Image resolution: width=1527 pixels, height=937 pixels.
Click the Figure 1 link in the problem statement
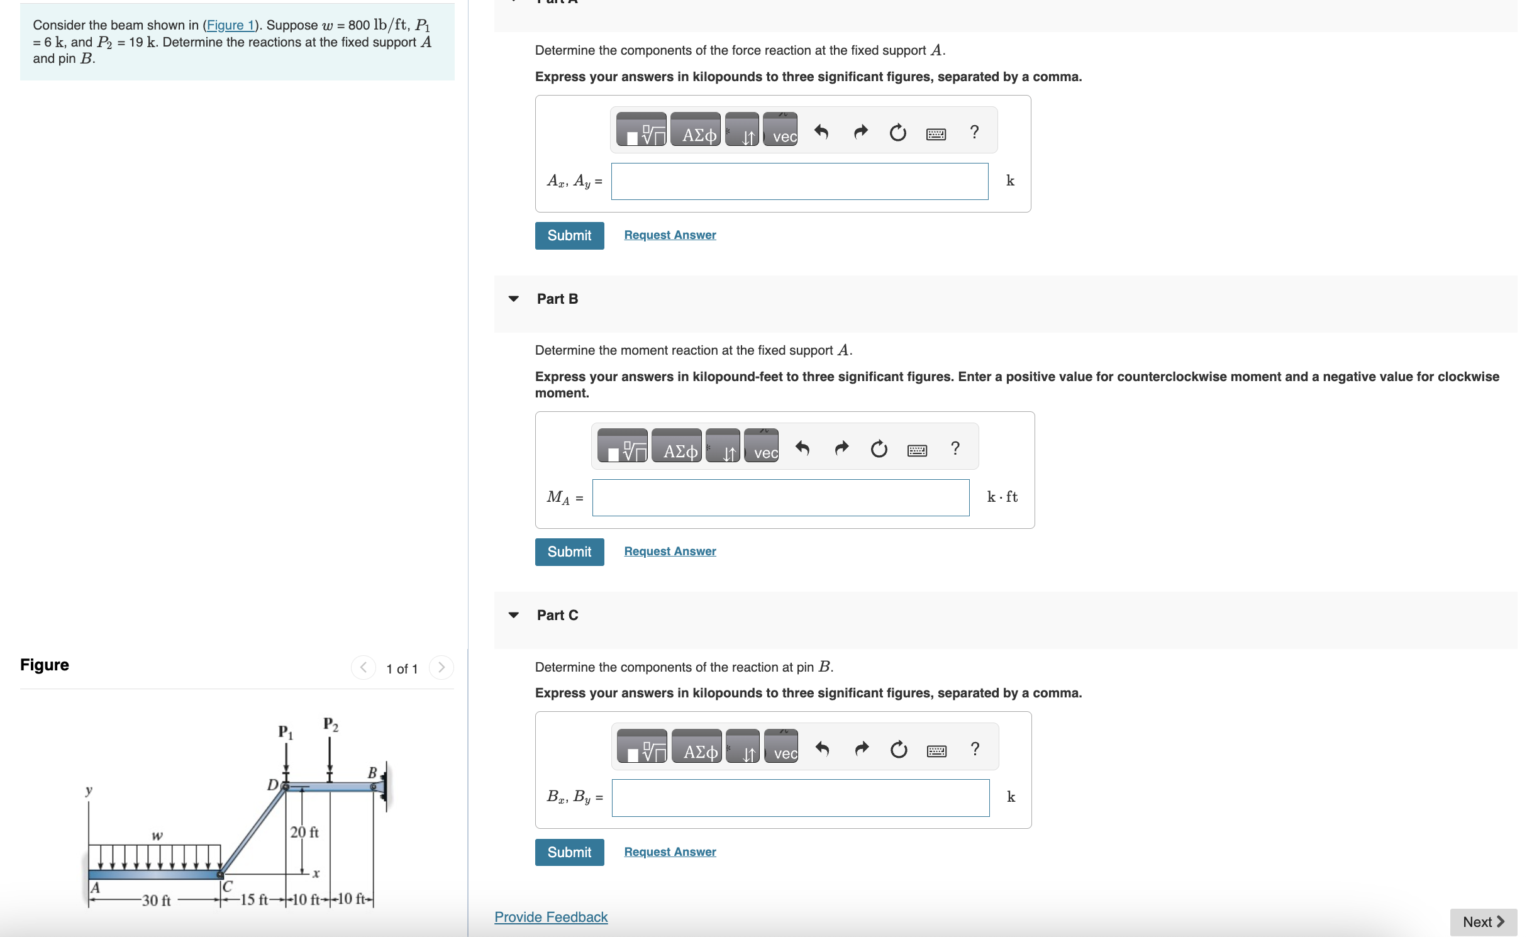(x=230, y=25)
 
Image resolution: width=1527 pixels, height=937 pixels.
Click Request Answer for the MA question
(x=670, y=552)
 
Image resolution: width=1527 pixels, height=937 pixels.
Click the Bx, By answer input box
(x=800, y=798)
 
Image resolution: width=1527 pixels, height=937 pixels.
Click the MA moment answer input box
(x=780, y=498)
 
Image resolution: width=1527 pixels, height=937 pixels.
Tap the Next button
(x=1483, y=922)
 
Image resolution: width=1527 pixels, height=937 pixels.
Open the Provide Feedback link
(x=551, y=917)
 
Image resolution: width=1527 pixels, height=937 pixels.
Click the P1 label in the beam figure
(x=286, y=732)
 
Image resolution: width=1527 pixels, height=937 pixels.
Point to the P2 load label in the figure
(x=331, y=724)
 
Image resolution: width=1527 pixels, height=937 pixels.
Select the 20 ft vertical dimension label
(x=304, y=832)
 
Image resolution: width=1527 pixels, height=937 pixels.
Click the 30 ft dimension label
(x=157, y=901)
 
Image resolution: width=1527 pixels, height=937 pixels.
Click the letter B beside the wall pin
(x=372, y=772)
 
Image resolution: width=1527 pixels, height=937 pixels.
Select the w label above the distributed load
(x=157, y=836)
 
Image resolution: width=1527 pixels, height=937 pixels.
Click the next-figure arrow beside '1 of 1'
(x=441, y=667)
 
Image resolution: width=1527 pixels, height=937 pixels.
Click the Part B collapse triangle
(x=514, y=299)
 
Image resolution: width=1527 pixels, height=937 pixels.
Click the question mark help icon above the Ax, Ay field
(x=974, y=132)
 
